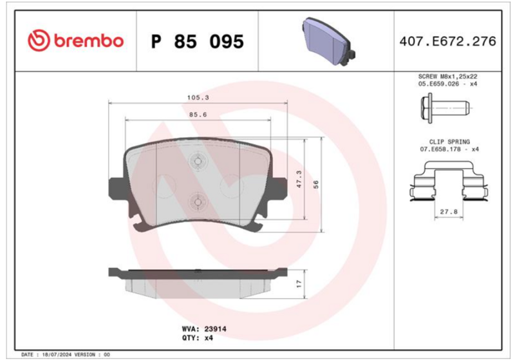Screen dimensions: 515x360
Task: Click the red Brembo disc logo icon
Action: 39,41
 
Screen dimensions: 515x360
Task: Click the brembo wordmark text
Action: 89,41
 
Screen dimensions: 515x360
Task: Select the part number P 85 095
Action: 198,42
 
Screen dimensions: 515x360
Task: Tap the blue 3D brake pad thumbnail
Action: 328,41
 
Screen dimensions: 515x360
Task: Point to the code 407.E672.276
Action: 447,41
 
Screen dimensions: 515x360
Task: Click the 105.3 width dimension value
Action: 198,97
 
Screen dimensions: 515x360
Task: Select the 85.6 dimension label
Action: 198,115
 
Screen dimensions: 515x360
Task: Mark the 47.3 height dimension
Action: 299,179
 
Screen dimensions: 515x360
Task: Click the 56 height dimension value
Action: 316,185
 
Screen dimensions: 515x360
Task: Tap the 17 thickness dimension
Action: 299,284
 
